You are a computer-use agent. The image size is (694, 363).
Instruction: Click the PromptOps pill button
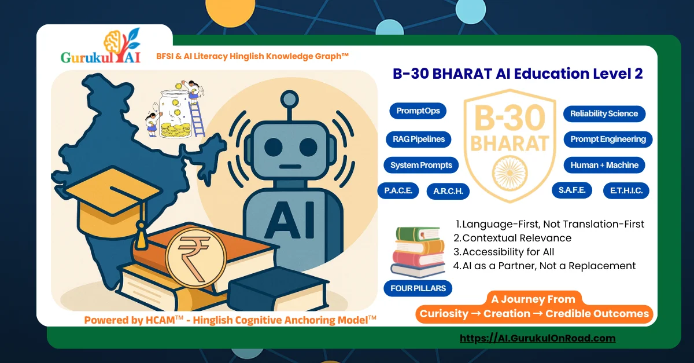click(418, 111)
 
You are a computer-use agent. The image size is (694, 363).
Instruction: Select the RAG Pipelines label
click(418, 139)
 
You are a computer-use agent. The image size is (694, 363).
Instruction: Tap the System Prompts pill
click(421, 165)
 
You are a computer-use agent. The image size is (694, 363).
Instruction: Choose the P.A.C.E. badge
click(398, 190)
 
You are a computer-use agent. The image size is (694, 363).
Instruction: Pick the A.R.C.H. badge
click(448, 192)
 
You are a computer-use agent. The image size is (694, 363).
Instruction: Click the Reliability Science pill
click(604, 113)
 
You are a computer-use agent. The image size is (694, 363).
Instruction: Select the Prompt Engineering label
click(608, 139)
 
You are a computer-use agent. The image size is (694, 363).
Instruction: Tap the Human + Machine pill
click(604, 165)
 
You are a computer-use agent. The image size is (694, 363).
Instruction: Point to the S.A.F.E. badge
click(571, 190)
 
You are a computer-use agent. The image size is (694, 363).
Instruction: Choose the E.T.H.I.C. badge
click(626, 190)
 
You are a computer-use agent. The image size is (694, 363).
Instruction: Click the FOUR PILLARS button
click(418, 288)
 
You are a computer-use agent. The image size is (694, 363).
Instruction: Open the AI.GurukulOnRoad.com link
click(537, 338)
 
